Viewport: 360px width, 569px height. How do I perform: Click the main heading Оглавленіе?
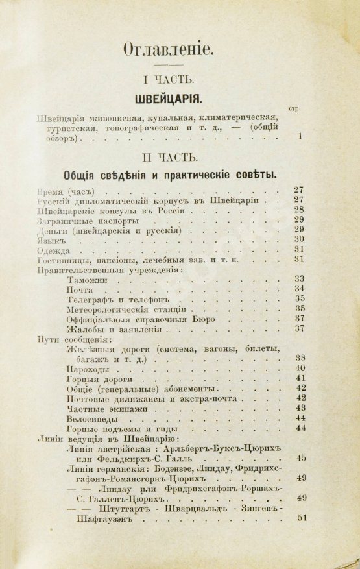pos(180,49)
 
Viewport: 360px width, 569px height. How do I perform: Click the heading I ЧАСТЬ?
pos(180,80)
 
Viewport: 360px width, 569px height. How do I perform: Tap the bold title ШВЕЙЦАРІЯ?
pos(180,101)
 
